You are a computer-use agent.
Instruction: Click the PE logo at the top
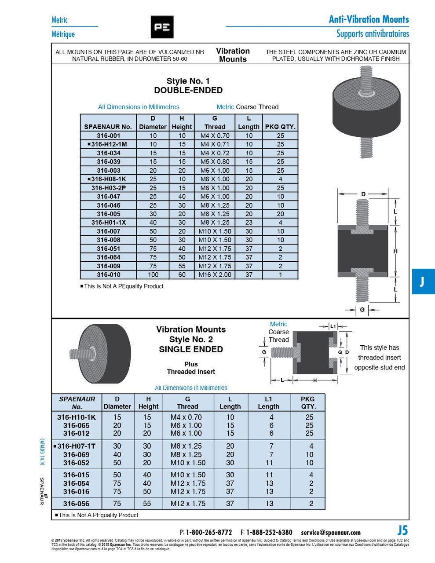[162, 27]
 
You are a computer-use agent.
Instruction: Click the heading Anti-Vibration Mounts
[369, 19]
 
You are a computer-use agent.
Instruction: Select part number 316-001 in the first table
[109, 136]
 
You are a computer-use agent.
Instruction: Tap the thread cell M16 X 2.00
[215, 275]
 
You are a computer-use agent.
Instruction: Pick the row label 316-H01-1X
[109, 223]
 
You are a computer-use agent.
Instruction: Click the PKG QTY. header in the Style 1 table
[280, 127]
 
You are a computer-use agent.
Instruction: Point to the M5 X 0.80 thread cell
[215, 162]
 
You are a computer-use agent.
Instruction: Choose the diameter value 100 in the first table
[153, 275]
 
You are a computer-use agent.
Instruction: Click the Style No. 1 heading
[188, 81]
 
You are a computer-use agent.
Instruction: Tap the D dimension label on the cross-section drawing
[363, 194]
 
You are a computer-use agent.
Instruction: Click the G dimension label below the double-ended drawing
[362, 310]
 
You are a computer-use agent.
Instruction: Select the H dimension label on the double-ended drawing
[395, 251]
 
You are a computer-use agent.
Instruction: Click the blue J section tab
[423, 281]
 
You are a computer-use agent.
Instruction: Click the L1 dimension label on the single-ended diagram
[333, 326]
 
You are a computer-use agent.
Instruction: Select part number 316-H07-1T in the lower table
[76, 446]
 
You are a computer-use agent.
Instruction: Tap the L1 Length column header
[268, 402]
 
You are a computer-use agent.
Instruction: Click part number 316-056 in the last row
[76, 504]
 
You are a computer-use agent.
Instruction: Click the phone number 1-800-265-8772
[208, 532]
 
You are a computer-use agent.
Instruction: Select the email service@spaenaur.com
[331, 532]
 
